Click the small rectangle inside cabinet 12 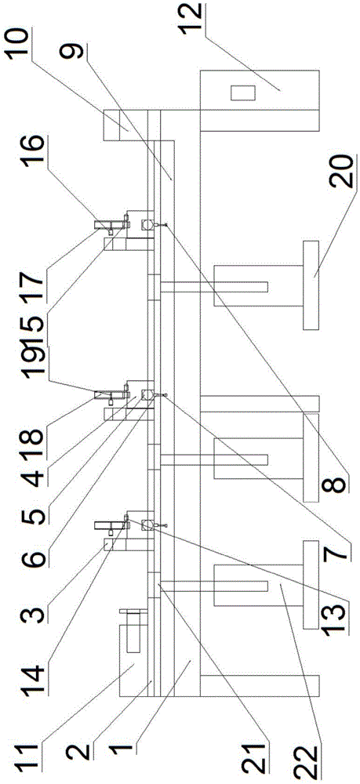242,93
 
